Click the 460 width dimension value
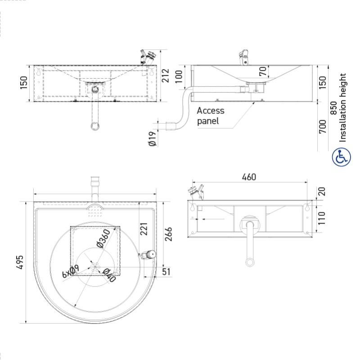click(x=248, y=177)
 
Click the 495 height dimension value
click(x=20, y=262)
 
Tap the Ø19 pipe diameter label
click(x=152, y=139)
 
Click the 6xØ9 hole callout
click(x=71, y=271)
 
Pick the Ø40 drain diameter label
click(x=108, y=274)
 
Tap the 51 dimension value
click(x=166, y=271)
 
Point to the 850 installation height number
click(x=333, y=108)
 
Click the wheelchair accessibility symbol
click(x=341, y=157)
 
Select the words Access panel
click(x=210, y=116)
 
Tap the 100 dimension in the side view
click(x=179, y=76)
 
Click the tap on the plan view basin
click(x=147, y=255)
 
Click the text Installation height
click(x=343, y=108)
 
